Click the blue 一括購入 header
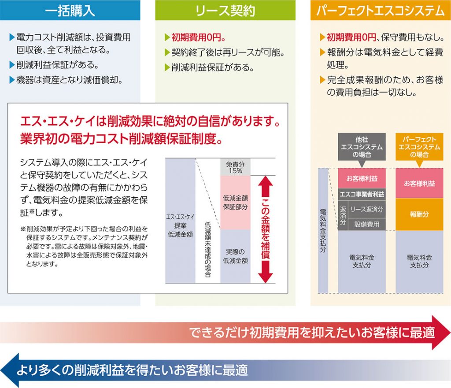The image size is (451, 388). click(70, 10)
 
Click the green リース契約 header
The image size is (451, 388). click(225, 10)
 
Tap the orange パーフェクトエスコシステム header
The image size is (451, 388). click(381, 10)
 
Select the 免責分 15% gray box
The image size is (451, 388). click(235, 167)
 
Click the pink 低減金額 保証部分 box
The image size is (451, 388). click(235, 203)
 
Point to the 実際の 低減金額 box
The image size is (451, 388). click(235, 256)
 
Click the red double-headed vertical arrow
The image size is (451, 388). click(265, 229)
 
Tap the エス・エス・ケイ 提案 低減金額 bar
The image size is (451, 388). click(180, 221)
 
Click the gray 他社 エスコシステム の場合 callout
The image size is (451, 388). click(362, 147)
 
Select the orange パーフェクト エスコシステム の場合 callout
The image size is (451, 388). click(419, 147)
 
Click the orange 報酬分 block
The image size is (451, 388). click(419, 214)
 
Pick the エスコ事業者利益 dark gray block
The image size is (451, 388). click(362, 194)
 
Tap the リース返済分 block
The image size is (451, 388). click(366, 209)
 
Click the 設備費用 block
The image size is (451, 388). click(366, 224)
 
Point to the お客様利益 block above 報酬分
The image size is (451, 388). click(419, 183)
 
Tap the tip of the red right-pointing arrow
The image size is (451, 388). click(450, 333)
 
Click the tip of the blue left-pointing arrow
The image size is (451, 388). click(1, 370)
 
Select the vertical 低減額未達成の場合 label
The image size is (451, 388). click(208, 249)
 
